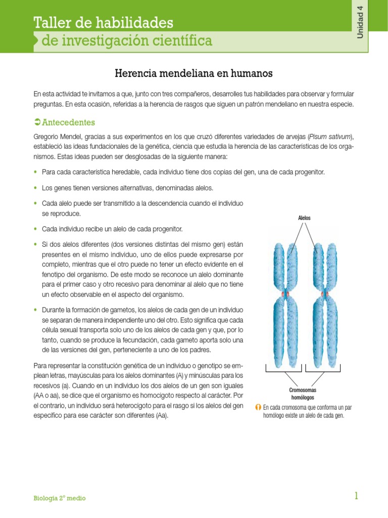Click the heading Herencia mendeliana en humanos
[194, 74]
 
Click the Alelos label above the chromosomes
[305, 218]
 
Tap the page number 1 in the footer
[356, 496]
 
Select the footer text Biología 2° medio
[60, 498]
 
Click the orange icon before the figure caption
[258, 407]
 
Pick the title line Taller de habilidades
[103, 23]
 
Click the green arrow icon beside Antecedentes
[36, 122]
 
